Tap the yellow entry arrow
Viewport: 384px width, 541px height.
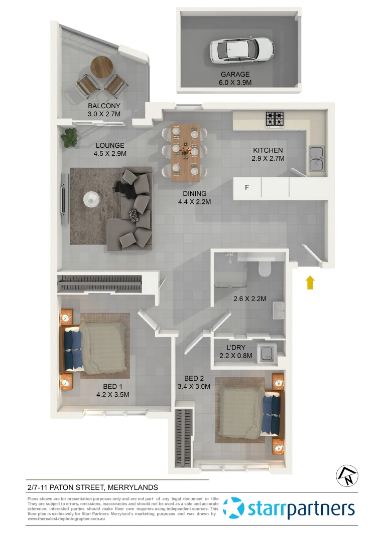tap(310, 282)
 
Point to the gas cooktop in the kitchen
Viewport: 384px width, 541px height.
tap(275, 118)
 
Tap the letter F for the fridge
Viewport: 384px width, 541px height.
tap(246, 188)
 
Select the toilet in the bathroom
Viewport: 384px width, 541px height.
tap(265, 268)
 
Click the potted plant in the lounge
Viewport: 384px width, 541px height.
tap(70, 137)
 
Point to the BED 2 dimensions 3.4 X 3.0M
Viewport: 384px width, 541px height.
tap(194, 386)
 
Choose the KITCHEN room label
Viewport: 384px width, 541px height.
tap(268, 150)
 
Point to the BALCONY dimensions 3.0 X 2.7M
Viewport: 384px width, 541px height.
tap(104, 114)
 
